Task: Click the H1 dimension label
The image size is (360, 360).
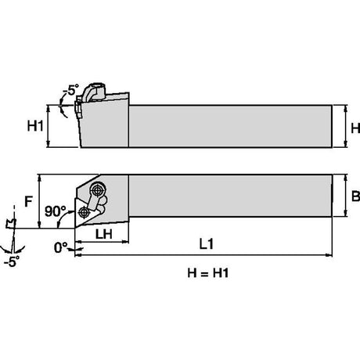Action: (35, 126)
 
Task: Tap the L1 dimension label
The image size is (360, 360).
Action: (207, 244)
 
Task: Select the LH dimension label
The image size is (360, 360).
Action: (104, 234)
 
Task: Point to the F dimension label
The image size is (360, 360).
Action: (28, 201)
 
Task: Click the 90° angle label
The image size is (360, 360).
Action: (56, 211)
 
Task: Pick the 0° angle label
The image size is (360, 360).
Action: (60, 247)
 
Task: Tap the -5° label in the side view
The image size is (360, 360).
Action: (70, 90)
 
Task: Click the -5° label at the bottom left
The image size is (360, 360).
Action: (12, 261)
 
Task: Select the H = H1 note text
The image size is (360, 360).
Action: (208, 273)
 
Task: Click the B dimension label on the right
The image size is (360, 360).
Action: (355, 196)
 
